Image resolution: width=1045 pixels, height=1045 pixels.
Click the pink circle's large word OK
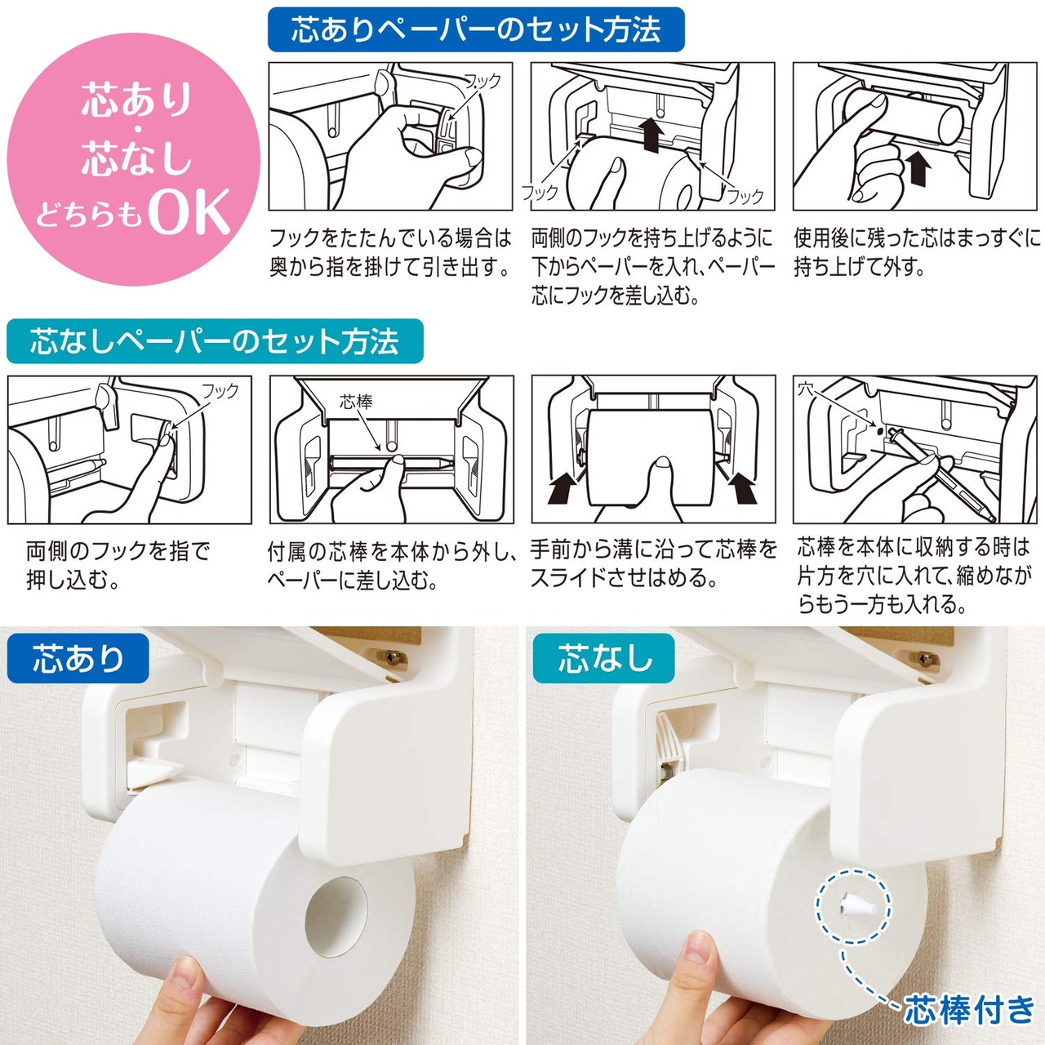189,212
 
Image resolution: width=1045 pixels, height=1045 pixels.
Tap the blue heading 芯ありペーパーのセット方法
476,29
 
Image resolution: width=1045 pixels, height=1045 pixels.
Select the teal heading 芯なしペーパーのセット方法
215,341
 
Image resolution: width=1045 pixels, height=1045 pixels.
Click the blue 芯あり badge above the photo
78,658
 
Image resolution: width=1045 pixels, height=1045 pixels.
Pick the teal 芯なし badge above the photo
603,658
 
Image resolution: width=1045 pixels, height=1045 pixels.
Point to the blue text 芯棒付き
969,1010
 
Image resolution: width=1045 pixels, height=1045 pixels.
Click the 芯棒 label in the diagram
356,402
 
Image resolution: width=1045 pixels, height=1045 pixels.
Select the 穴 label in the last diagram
806,389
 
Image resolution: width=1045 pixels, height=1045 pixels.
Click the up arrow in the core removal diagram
917,168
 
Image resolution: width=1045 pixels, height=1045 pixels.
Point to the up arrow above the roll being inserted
651,135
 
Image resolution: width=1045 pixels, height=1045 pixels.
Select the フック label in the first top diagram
482,82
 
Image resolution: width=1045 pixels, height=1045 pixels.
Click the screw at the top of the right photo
927,659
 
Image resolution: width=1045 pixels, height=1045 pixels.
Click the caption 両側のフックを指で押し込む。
118,565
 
